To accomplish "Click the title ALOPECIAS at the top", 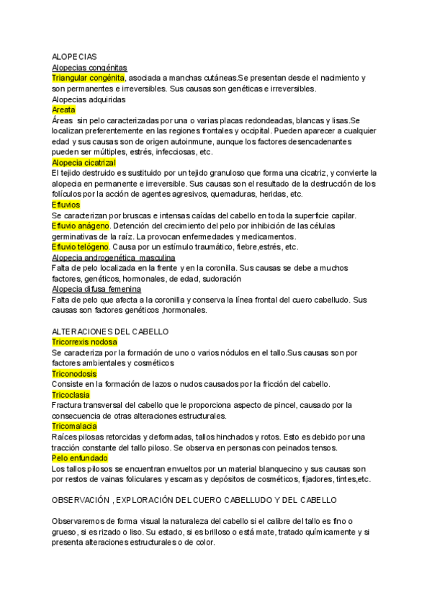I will (x=75, y=56).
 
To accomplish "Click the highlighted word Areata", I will (x=64, y=110).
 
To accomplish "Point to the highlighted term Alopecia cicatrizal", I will (x=84, y=163).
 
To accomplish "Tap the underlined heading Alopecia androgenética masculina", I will (x=114, y=258).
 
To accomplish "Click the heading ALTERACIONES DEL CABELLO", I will (x=110, y=332).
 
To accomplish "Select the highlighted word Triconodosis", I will (x=74, y=375).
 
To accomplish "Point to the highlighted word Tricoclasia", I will (x=71, y=396).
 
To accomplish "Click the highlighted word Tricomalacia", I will (x=74, y=427).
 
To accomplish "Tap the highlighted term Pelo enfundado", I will (x=79, y=458).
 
